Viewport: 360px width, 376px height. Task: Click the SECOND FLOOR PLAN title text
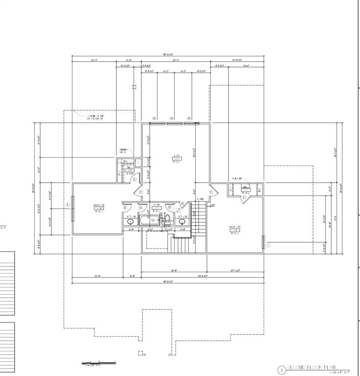click(318, 367)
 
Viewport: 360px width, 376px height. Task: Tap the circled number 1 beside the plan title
click(281, 370)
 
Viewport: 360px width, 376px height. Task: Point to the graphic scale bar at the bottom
click(98, 363)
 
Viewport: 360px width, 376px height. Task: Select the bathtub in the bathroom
click(150, 219)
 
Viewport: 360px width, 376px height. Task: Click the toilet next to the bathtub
click(167, 219)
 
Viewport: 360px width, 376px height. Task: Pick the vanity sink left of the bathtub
click(131, 221)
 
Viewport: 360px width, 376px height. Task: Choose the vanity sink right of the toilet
click(182, 221)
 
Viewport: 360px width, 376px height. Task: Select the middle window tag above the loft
click(171, 118)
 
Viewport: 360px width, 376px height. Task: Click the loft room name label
click(176, 158)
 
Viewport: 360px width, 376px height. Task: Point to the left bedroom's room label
click(98, 208)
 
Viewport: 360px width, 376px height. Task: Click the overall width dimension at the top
click(168, 55)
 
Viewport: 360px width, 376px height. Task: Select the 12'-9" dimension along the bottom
click(97, 276)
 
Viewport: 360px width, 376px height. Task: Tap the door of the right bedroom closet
click(245, 196)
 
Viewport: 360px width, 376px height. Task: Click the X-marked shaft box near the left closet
click(138, 162)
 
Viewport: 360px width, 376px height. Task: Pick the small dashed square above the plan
click(134, 87)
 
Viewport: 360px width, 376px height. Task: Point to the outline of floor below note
click(95, 117)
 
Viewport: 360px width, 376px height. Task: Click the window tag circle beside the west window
click(67, 205)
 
